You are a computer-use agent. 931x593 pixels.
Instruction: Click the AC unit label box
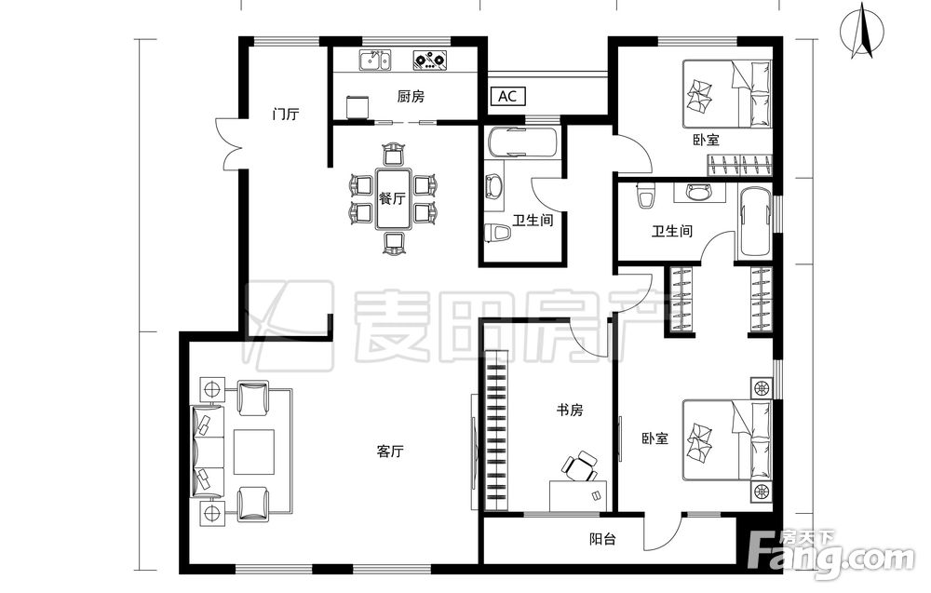pos(507,96)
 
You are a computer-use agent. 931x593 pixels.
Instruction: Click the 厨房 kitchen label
pos(411,96)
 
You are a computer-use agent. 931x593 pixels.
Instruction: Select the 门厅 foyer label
pos(285,114)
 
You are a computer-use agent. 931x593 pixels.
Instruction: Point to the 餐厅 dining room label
pos(392,198)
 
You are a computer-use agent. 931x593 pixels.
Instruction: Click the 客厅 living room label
pos(390,451)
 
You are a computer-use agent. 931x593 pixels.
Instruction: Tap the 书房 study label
pos(570,410)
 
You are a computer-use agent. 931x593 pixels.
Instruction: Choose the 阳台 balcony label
pos(602,539)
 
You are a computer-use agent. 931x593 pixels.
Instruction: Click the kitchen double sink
pos(375,60)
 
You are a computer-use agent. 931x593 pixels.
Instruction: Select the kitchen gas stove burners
pos(430,60)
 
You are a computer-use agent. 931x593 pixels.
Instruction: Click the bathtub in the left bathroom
pos(523,142)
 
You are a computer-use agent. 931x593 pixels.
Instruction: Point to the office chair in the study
pos(579,466)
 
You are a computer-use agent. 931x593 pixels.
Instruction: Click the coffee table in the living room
pos(254,451)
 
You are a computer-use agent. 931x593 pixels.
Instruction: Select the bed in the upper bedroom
pos(727,94)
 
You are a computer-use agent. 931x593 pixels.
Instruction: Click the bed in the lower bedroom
pos(727,439)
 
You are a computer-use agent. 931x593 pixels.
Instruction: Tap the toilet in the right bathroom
pos(645,195)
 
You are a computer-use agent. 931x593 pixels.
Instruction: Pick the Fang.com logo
pos(831,555)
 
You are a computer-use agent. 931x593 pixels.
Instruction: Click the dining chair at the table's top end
pos(393,155)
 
